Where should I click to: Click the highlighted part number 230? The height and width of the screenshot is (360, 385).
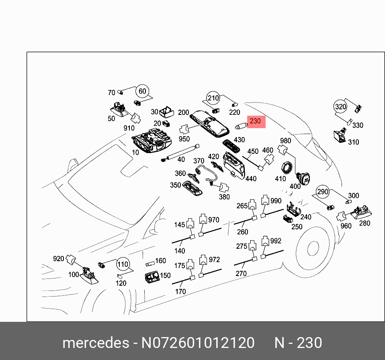tap(256, 121)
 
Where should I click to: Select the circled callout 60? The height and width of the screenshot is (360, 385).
tap(142, 92)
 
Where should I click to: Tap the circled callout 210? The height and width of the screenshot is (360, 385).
tap(213, 98)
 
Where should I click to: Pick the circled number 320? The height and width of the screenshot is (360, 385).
tap(340, 107)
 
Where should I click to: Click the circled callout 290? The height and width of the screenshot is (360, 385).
tap(322, 192)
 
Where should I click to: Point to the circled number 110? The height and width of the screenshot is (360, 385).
tap(123, 265)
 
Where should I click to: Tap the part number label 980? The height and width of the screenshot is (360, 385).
tap(285, 141)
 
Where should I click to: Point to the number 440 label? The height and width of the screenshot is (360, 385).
tap(251, 178)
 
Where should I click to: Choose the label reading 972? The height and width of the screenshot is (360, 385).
tap(215, 260)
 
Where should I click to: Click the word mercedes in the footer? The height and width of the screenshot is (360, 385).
tap(95, 343)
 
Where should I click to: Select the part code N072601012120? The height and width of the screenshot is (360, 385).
tap(198, 343)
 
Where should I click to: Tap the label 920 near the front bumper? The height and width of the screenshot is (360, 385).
tap(59, 258)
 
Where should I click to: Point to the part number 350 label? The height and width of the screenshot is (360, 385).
tap(175, 185)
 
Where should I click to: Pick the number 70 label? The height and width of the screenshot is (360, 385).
tap(111, 93)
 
